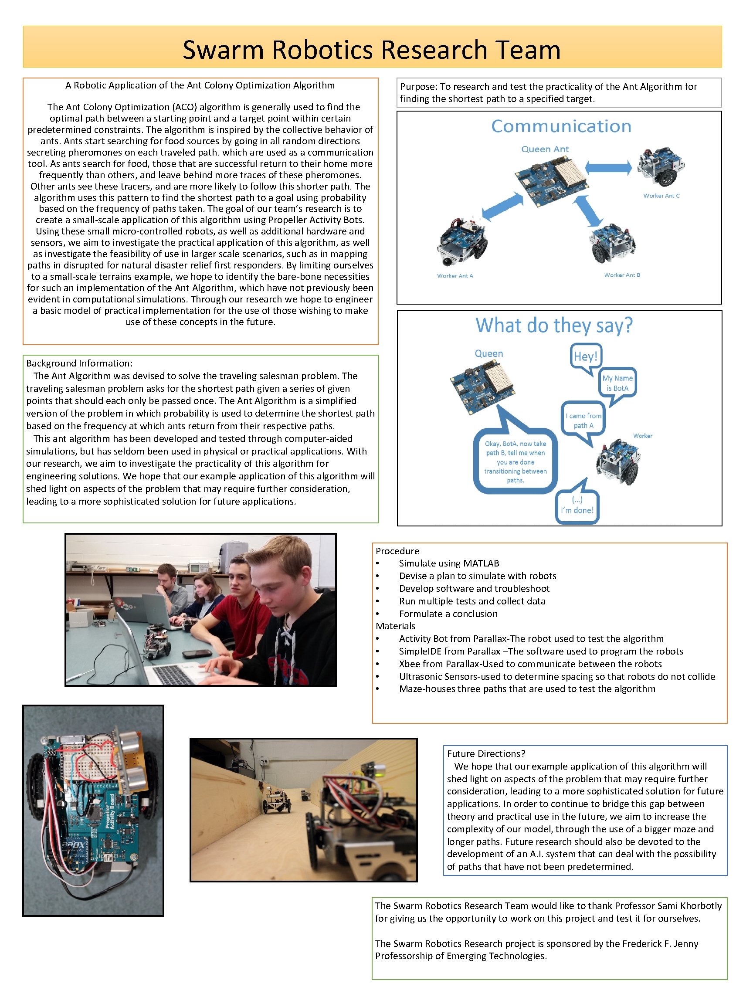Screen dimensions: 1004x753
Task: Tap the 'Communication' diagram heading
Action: pyautogui.click(x=561, y=126)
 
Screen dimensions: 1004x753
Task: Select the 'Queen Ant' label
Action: pyautogui.click(x=545, y=149)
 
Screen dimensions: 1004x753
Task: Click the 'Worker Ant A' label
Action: pyautogui.click(x=455, y=275)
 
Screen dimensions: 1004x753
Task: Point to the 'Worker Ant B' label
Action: pyautogui.click(x=622, y=275)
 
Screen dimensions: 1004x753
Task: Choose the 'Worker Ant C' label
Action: pyautogui.click(x=661, y=196)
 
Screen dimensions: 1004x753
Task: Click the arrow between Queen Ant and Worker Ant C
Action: pyautogui.click(x=608, y=168)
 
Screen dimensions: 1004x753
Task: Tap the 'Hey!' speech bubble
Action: pyautogui.click(x=586, y=356)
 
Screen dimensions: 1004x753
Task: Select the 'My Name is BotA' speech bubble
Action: pyautogui.click(x=617, y=383)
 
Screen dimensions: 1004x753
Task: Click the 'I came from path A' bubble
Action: pyautogui.click(x=583, y=421)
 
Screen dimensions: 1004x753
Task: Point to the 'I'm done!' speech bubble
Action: pyautogui.click(x=577, y=506)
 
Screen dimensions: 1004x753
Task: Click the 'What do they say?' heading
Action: pyautogui.click(x=554, y=326)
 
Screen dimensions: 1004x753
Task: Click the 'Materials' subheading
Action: pyautogui.click(x=395, y=626)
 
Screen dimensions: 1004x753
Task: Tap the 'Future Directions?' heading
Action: pyautogui.click(x=486, y=753)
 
